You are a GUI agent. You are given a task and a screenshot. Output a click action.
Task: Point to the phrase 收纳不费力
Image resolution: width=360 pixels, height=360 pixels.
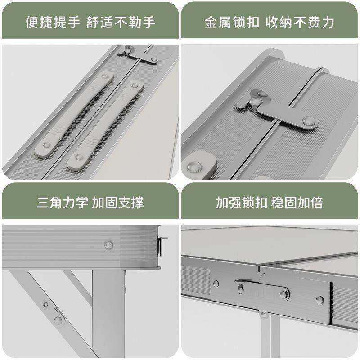[x=299, y=22]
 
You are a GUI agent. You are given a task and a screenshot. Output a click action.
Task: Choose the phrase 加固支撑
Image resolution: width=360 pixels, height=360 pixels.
[x=118, y=202]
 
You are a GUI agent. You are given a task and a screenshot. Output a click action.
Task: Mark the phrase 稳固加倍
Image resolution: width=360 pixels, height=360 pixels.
[x=297, y=202]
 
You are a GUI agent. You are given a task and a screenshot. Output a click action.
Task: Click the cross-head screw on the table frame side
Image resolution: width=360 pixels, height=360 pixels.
[x=108, y=245]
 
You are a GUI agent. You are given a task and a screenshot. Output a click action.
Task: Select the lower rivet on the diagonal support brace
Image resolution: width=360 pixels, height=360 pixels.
[x=58, y=320]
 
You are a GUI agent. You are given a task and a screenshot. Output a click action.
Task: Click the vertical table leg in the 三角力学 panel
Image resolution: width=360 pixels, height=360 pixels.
[x=108, y=315]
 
